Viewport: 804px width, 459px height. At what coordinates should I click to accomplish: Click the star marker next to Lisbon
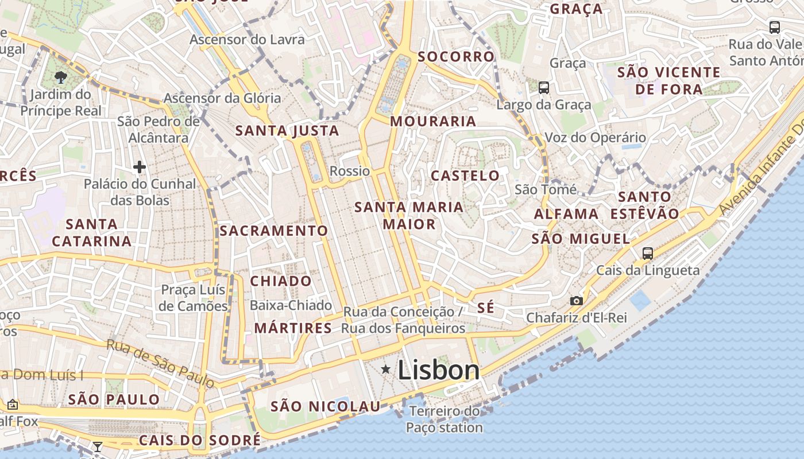click(386, 370)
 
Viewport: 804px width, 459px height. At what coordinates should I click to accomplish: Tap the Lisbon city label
click(438, 370)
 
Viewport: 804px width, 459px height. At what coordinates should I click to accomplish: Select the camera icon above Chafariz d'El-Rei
click(577, 301)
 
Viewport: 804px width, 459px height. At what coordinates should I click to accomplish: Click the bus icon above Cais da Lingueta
click(648, 253)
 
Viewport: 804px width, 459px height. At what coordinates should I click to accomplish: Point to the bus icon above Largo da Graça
click(543, 88)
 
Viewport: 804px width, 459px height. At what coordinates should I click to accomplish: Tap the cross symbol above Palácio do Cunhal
click(139, 168)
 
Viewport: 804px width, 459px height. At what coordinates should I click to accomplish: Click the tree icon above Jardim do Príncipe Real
click(60, 77)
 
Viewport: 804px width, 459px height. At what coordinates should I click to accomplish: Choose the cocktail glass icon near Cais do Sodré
click(98, 447)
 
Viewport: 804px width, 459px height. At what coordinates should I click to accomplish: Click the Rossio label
click(350, 171)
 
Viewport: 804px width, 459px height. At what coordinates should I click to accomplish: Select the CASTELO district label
click(465, 176)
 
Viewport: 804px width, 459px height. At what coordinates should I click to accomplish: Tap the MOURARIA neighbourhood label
click(433, 122)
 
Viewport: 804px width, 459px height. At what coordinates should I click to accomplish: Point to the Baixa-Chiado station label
click(291, 305)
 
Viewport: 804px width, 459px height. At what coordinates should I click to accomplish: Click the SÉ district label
click(485, 308)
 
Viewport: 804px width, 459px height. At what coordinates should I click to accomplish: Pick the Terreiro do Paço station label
click(444, 419)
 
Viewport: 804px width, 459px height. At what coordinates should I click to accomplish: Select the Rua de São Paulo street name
click(160, 363)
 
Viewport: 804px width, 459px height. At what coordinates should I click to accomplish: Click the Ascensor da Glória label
click(222, 98)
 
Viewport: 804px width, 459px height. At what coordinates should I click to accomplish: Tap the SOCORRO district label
click(456, 57)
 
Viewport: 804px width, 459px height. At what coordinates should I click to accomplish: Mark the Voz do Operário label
click(595, 138)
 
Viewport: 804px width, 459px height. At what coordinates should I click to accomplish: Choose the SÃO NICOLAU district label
click(325, 407)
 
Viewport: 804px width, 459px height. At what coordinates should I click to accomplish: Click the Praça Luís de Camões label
click(194, 297)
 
